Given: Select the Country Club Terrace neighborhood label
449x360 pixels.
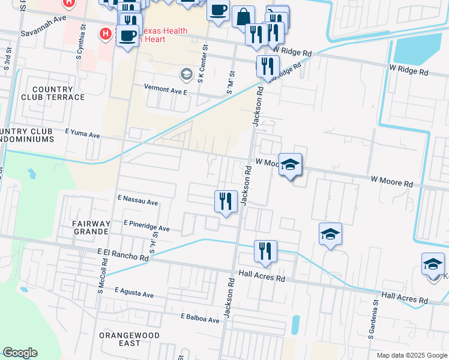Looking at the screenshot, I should tap(53, 93).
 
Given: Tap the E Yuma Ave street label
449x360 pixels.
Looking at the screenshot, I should tap(82, 134).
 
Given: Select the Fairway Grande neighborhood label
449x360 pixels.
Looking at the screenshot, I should tap(91, 228).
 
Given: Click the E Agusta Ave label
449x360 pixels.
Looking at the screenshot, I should tap(131, 295).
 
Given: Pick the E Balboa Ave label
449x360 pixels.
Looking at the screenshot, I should tap(200, 317).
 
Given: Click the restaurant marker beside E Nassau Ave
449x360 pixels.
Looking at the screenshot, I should tap(225, 200).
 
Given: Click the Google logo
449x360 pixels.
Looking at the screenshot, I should tap(20, 353).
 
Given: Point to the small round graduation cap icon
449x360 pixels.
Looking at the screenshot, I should tap(186, 74).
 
